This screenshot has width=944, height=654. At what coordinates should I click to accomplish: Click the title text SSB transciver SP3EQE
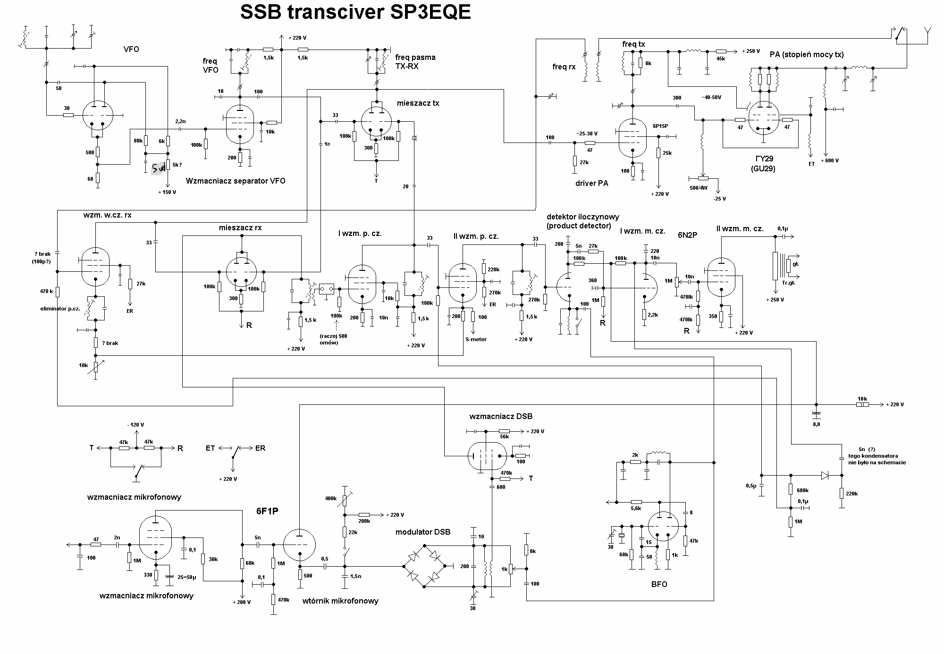click(x=355, y=13)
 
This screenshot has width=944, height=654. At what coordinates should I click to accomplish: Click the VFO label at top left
click(x=131, y=49)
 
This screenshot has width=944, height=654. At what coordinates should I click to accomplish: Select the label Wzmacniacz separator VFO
click(x=236, y=181)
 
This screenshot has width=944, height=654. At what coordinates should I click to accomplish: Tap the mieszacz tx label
click(x=418, y=103)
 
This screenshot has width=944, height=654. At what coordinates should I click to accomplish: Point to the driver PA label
click(x=592, y=183)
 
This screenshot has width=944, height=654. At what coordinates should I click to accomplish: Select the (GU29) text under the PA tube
click(x=764, y=168)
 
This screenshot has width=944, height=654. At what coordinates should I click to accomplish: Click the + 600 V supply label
click(x=829, y=160)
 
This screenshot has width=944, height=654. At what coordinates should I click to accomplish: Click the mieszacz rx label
click(x=240, y=228)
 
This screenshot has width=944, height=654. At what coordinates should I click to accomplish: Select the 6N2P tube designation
click(x=687, y=235)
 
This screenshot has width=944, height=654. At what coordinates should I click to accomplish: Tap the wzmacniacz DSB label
click(x=501, y=417)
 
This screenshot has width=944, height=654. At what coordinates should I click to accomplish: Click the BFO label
click(x=659, y=584)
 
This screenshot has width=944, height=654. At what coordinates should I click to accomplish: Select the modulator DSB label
click(x=423, y=532)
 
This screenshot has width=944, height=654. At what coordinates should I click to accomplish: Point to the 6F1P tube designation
click(x=267, y=511)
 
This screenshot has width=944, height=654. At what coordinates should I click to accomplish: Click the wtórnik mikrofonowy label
click(x=340, y=601)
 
